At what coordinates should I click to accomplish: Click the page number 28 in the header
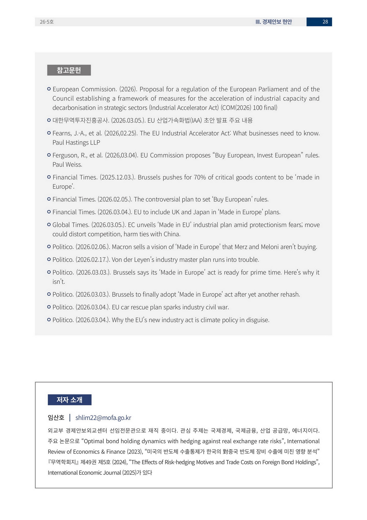click(x=325, y=22)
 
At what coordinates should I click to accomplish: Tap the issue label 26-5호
click(x=47, y=22)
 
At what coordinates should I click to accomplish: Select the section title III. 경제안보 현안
click(x=274, y=22)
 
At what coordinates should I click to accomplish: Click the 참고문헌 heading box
click(x=69, y=70)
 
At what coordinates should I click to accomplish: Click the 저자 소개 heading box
click(x=69, y=400)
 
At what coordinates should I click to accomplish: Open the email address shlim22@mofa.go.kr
click(x=103, y=418)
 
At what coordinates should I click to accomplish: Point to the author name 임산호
click(x=56, y=418)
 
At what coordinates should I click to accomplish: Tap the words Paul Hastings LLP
click(x=76, y=143)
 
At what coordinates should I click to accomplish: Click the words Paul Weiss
click(x=67, y=165)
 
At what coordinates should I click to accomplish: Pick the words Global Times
click(x=71, y=225)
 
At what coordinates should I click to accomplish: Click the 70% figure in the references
click(x=200, y=177)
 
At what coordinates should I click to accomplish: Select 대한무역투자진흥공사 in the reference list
click(x=81, y=121)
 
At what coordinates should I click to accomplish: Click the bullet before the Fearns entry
click(x=49, y=133)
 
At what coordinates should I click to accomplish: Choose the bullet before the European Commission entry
click(x=49, y=89)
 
